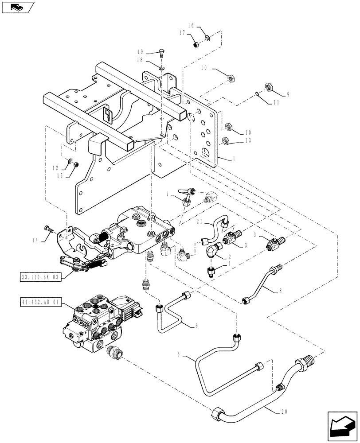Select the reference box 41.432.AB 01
40,302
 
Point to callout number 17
182,33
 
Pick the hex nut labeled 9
268,86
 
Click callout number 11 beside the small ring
276,102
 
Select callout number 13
248,140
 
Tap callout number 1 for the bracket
234,159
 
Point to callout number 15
59,176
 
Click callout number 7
168,194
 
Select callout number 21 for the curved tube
200,222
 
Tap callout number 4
229,263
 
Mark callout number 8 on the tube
280,291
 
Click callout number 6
196,326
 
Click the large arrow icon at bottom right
342,427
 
